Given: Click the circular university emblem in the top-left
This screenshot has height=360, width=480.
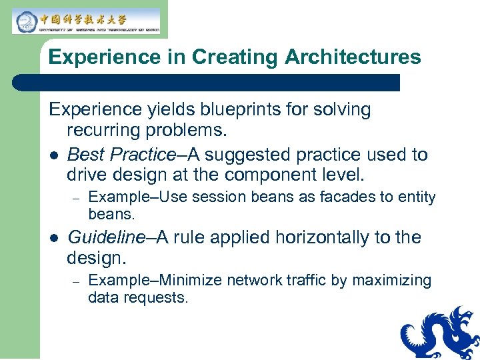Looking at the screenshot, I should (x=25, y=20).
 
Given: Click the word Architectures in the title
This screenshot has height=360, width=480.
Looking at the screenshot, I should (x=353, y=57).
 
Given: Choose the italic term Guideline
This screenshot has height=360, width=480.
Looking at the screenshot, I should (x=106, y=237).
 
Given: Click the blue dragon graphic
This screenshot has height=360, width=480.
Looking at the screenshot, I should (x=439, y=333).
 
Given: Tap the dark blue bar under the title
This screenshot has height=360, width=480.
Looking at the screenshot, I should (x=206, y=83).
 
